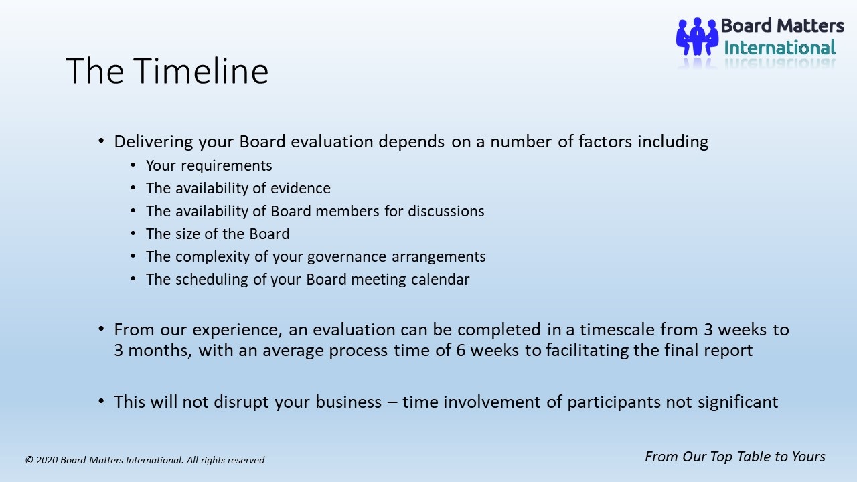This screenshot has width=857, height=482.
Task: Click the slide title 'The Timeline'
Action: pos(167,71)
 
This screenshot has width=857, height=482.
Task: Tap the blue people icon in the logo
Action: pos(697,36)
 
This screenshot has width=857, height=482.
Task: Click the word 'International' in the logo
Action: pos(780,48)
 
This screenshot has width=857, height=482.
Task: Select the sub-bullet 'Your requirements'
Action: pos(209,165)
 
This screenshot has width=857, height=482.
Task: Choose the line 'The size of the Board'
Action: pos(218,234)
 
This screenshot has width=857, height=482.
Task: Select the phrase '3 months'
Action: pos(151,350)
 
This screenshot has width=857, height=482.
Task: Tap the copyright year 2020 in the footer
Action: pos(47,460)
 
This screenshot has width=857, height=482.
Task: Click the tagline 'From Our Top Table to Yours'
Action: pos(735,457)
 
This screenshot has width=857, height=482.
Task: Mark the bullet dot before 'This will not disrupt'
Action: pos(101,401)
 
